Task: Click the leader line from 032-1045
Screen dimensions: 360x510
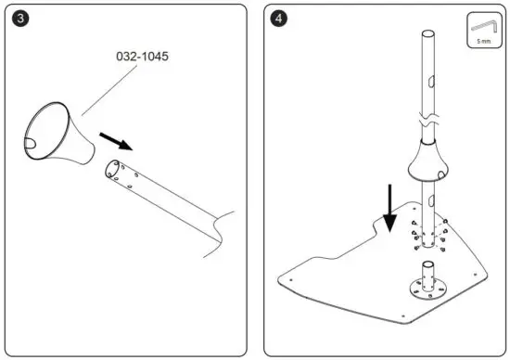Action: click(102, 93)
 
